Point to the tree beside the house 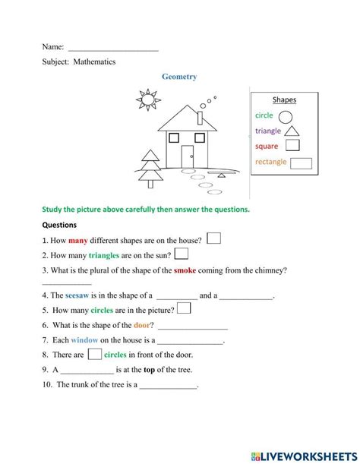pyautogui.click(x=151, y=167)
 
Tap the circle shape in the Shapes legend pyautogui.click(x=286, y=116)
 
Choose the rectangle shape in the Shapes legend pyautogui.click(x=302, y=163)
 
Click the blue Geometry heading pyautogui.click(x=179, y=77)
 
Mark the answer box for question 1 pyautogui.click(x=214, y=238)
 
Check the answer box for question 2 pyautogui.click(x=182, y=254)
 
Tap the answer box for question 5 pyautogui.click(x=184, y=309)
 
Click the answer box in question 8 pyautogui.click(x=94, y=354)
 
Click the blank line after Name pyautogui.click(x=113, y=47)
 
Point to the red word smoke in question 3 pyautogui.click(x=185, y=270)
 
